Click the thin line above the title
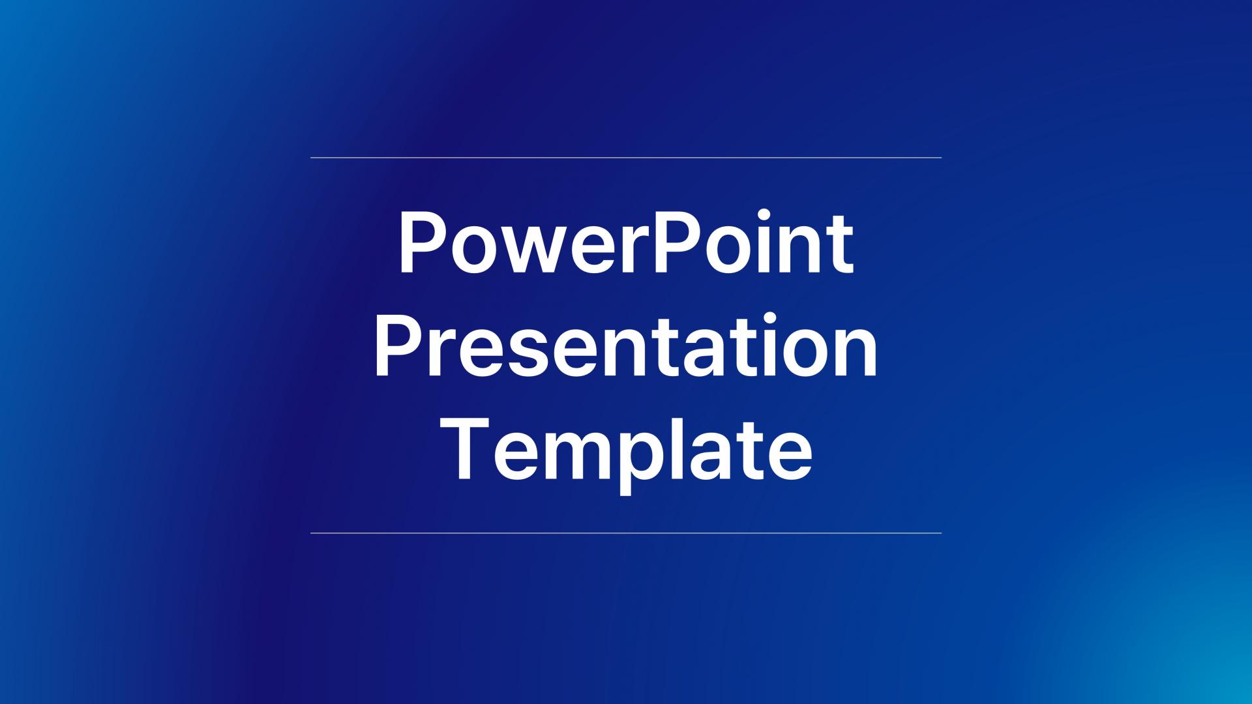pos(626,158)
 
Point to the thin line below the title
pos(626,533)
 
